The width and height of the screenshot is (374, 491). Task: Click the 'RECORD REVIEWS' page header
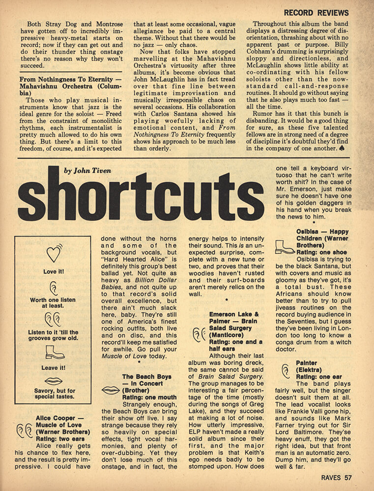tap(316, 12)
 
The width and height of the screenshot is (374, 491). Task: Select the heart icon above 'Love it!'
tap(53, 253)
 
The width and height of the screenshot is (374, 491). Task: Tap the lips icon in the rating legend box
tap(53, 381)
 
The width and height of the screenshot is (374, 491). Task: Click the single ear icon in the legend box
tap(53, 288)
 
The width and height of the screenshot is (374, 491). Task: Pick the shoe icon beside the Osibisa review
tap(285, 246)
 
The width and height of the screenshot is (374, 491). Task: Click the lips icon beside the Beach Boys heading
tap(111, 390)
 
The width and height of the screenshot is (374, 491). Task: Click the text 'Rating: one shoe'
tap(322, 251)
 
